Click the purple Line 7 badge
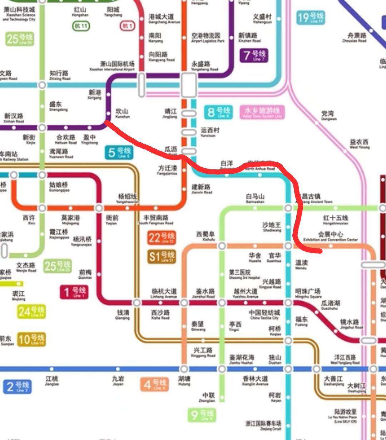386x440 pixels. pos(254,55)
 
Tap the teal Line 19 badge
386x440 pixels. pos(310,18)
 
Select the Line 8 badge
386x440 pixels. pos(218,112)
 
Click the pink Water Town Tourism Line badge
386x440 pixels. pos(262,112)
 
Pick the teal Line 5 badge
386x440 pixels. pos(119,153)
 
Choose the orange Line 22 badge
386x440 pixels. pos(162,238)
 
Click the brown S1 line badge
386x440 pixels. pos(162,257)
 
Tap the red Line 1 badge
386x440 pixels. pos(74,292)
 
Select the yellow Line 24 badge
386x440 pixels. pos(31,312)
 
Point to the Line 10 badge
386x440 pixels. pos(31,339)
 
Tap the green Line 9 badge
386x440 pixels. pos(202,415)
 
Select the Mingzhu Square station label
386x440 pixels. pos(307,293)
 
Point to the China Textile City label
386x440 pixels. pos(264,315)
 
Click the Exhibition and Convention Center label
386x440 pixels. pos(330,236)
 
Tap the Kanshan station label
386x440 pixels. pos(122,113)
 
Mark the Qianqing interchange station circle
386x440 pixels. pos(137,303)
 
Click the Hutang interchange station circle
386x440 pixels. pos(184,369)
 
